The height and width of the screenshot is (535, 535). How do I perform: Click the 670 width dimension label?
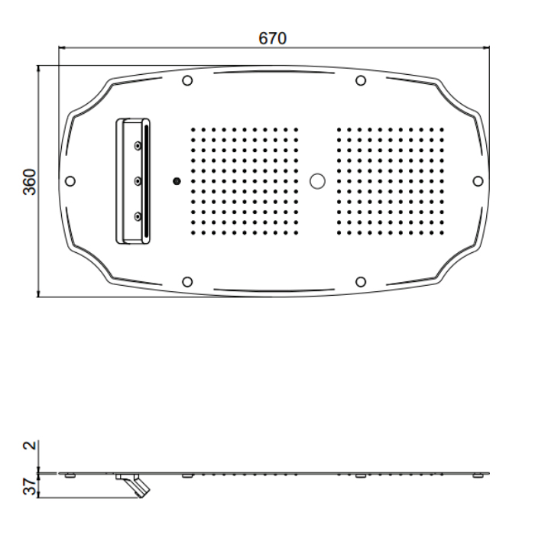click(272, 38)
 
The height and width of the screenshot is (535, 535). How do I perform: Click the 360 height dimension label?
click(30, 182)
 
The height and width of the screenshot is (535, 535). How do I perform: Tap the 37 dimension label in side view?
click(30, 487)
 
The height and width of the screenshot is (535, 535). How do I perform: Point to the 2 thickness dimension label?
click(30, 446)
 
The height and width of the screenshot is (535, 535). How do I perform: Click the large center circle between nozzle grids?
click(317, 181)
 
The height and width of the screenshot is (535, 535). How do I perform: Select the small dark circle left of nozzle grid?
click(177, 181)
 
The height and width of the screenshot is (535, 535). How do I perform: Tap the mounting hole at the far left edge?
click(70, 181)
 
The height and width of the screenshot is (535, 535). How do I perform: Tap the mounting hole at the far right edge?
click(478, 181)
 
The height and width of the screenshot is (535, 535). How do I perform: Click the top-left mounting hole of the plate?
click(187, 80)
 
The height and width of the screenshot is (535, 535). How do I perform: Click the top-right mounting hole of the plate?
click(361, 80)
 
